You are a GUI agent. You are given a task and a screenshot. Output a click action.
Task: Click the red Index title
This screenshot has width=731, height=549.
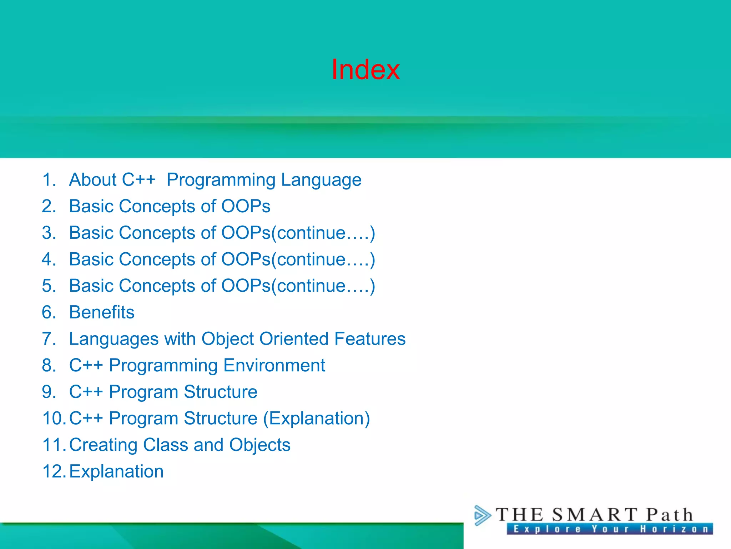click(365, 69)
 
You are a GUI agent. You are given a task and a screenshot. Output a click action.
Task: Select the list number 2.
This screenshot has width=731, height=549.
click(49, 206)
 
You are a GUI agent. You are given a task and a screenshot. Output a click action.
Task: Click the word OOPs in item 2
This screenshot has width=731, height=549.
click(246, 206)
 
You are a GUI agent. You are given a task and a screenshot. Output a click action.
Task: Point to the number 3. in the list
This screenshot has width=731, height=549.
click(49, 233)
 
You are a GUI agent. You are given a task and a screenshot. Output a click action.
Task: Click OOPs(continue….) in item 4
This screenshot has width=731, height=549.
click(298, 259)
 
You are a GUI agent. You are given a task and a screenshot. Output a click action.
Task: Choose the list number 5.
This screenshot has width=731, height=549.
click(49, 286)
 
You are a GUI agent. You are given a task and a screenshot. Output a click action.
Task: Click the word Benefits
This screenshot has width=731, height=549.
click(102, 312)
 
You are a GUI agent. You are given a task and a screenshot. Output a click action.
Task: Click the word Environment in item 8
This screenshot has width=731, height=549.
click(274, 365)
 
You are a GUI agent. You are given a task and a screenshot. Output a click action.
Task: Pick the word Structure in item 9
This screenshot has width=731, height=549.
click(220, 392)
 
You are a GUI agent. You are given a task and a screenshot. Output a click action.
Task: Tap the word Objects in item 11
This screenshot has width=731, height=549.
click(259, 445)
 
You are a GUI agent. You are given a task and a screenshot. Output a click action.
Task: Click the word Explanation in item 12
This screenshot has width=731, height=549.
click(116, 471)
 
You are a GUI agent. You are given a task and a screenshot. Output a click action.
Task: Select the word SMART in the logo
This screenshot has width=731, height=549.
click(594, 515)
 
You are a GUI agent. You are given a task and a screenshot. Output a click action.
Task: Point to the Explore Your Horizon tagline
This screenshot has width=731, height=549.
click(610, 529)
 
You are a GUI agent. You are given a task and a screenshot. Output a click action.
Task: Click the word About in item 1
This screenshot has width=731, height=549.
click(93, 180)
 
